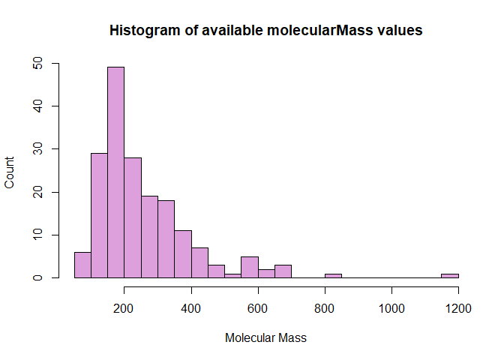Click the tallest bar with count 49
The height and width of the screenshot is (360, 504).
coord(116,172)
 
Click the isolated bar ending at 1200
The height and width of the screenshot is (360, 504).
coord(449,275)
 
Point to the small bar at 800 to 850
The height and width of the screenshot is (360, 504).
coord(333,275)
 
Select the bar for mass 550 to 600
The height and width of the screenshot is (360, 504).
coord(250,267)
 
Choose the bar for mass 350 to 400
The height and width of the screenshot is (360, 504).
coord(183,254)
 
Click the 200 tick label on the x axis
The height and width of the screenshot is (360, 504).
coord(124,308)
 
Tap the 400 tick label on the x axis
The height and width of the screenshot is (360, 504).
coord(191,308)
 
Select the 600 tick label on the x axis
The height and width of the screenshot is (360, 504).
coord(258,308)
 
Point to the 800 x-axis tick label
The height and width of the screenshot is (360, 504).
coord(325,308)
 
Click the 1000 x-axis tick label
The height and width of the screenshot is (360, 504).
coord(391,308)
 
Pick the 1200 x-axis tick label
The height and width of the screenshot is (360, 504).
coord(457,308)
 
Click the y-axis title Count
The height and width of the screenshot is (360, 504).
coord(10,172)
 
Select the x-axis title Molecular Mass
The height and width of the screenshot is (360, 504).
coord(265,338)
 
